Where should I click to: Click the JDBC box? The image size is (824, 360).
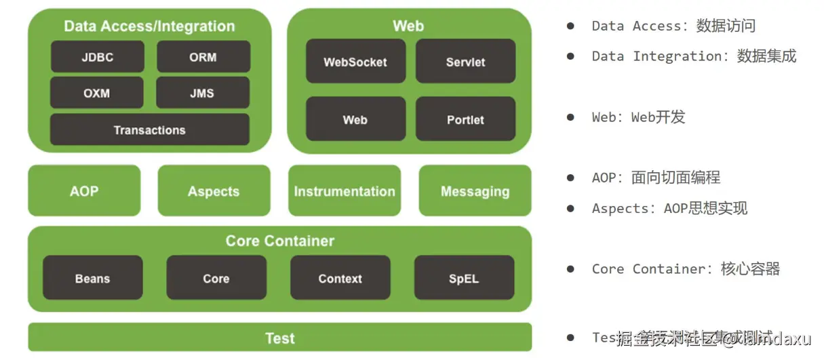pos(97,57)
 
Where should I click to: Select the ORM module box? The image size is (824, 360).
pos(203,57)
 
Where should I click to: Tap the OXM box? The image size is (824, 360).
pos(97,93)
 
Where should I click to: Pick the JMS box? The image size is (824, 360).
pos(203,93)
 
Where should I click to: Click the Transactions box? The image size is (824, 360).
pos(149,129)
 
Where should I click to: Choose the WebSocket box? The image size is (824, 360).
pos(355,62)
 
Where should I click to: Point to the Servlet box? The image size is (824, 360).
pos(465,62)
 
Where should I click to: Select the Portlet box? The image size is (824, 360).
pos(465,119)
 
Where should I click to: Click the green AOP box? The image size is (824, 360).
pos(84,191)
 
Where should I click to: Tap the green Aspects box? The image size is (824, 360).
pos(214,191)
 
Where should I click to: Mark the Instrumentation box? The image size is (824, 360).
pos(344,191)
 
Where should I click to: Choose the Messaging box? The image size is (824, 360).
pos(475,191)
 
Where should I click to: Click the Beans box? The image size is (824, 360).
pos(92,278)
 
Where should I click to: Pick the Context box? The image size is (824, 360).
pos(340,278)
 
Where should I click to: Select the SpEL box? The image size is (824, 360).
pos(463,278)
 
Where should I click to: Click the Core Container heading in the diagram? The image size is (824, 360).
pos(279,241)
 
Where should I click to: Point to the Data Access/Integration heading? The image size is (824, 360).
pos(149,26)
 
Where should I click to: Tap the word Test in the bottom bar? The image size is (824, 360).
pos(279,338)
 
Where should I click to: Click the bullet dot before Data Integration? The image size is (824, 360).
pos(570,56)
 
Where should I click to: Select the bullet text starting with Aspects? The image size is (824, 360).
pos(669,208)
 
